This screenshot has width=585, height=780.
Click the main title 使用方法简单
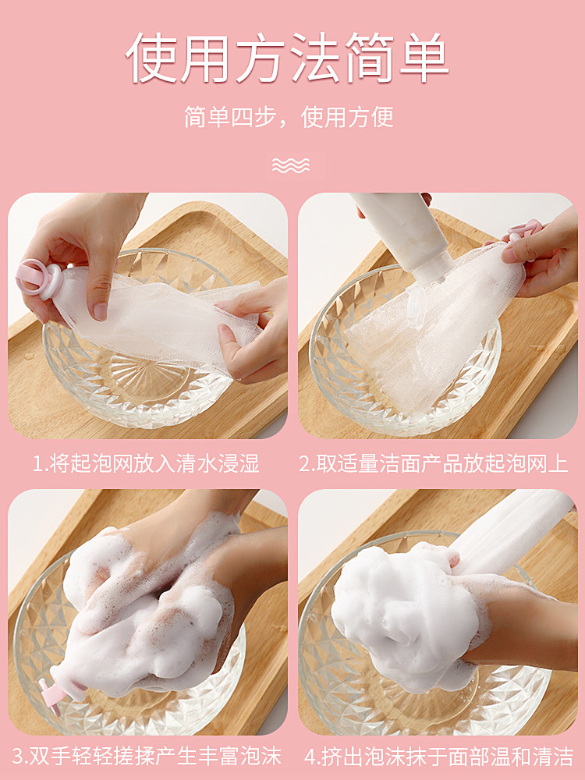point(288,58)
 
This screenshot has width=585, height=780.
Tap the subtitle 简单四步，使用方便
point(289,118)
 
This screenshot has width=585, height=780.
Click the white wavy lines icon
point(291,165)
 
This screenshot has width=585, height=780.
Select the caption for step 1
point(147,463)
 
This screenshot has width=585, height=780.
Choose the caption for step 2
point(434,463)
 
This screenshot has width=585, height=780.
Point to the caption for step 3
point(147,757)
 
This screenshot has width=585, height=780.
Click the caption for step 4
point(438,757)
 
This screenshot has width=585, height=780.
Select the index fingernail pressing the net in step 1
point(100,311)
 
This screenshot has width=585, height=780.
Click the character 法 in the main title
point(317,58)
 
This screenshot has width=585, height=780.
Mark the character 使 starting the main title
point(151,58)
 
